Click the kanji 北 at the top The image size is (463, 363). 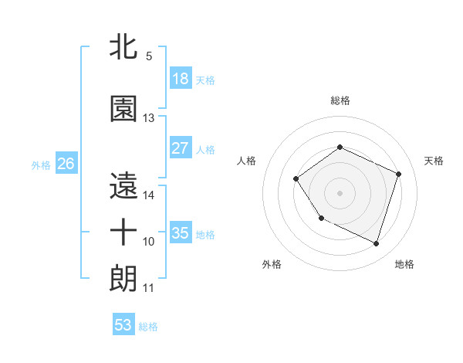(123, 47)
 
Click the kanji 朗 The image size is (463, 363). (123, 277)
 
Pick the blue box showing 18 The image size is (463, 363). (180, 79)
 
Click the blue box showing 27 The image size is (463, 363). (180, 148)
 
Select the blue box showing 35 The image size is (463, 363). (180, 233)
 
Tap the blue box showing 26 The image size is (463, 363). (66, 164)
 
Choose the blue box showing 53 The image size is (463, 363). (123, 325)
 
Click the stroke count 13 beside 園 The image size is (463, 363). (149, 118)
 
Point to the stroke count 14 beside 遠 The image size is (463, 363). (149, 195)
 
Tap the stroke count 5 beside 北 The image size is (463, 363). (148, 56)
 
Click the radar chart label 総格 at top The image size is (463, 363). (340, 100)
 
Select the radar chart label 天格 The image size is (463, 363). (434, 161)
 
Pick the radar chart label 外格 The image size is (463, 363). (272, 264)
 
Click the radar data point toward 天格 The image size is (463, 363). (399, 174)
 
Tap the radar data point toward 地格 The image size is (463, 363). (376, 243)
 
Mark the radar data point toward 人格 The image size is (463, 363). (296, 179)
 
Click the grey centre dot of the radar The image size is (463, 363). (340, 193)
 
